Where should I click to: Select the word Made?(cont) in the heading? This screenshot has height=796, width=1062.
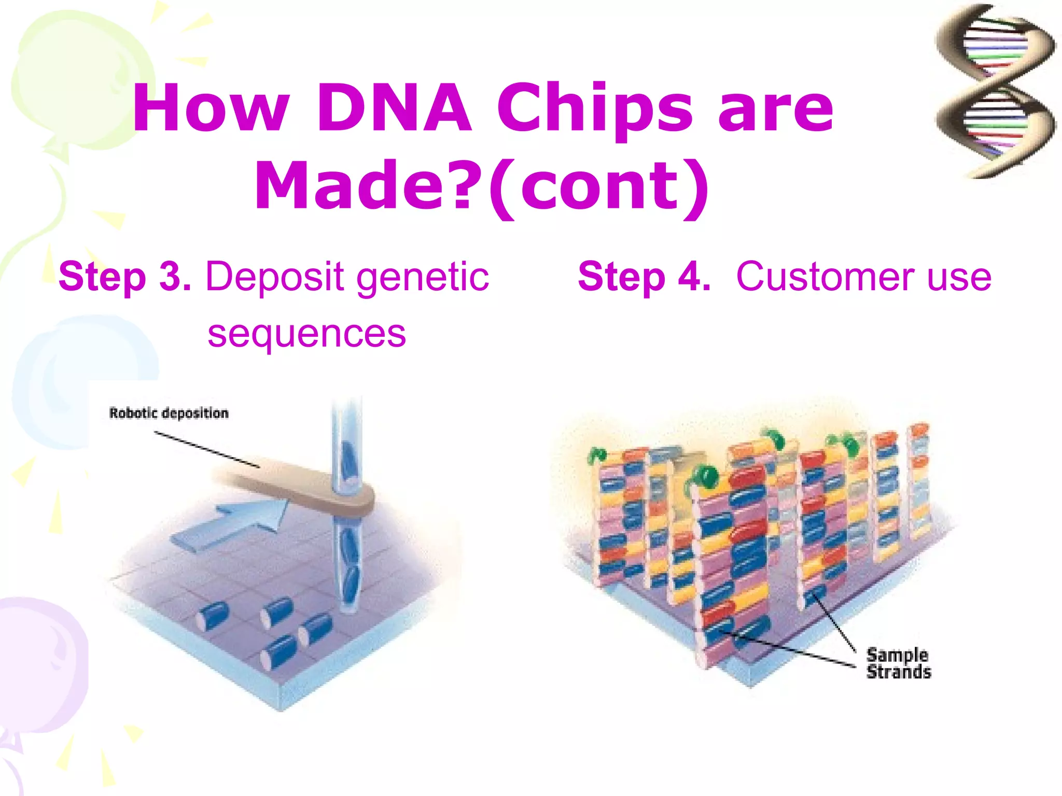point(481,186)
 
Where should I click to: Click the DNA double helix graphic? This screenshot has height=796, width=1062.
point(995,91)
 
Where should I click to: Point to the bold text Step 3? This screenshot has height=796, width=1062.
point(124,277)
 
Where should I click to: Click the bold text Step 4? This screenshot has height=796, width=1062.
point(644,277)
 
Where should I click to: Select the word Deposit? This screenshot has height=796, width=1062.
point(275,278)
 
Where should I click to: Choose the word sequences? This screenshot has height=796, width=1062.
point(306,335)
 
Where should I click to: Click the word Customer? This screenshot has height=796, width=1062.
point(826,277)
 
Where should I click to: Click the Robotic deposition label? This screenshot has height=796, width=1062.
point(169,413)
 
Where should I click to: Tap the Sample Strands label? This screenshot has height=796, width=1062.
point(898,663)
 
